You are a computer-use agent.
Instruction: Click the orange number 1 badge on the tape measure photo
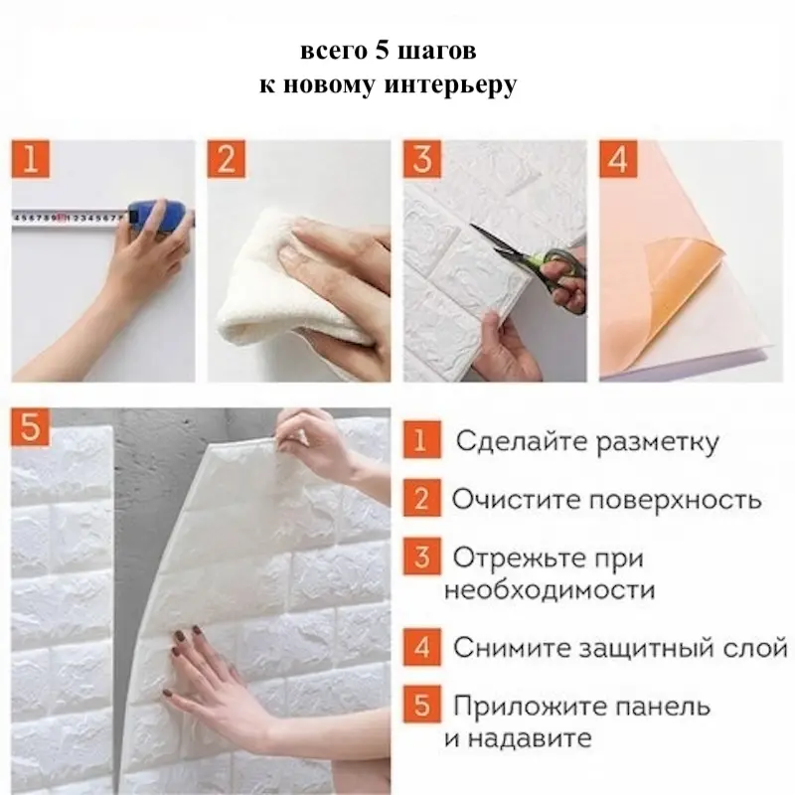click(31, 159)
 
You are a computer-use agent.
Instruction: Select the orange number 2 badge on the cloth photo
click(227, 159)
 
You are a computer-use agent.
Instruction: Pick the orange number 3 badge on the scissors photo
click(421, 159)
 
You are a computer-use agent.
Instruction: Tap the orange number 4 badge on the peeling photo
click(618, 159)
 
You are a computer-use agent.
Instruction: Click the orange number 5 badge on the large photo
click(31, 426)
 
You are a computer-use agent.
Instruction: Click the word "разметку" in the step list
click(657, 442)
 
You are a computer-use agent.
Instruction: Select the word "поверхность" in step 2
click(676, 500)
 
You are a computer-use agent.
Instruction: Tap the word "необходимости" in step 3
click(550, 590)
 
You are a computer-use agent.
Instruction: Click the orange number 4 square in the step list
click(421, 647)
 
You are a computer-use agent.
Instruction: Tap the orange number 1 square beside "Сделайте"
click(421, 439)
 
